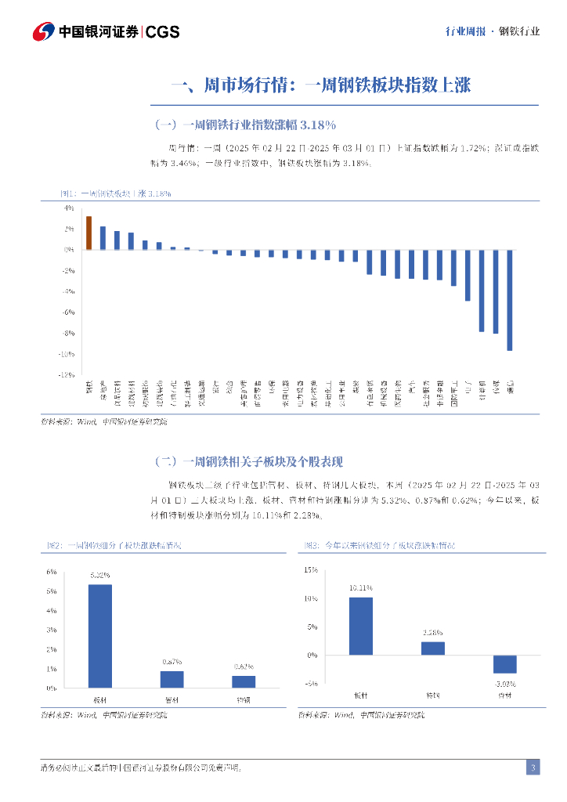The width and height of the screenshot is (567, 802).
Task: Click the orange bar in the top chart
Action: pyautogui.click(x=89, y=233)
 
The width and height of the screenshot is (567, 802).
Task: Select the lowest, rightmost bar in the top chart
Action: pyautogui.click(x=510, y=300)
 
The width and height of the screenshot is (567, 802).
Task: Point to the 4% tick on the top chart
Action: pyautogui.click(x=68, y=208)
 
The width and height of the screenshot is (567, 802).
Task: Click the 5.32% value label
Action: pyautogui.click(x=99, y=576)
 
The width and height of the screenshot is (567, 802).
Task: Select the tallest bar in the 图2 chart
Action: pyautogui.click(x=99, y=636)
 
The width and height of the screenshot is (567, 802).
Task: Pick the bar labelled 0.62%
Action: pyautogui.click(x=244, y=681)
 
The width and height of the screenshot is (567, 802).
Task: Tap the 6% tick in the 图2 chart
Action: pyautogui.click(x=51, y=572)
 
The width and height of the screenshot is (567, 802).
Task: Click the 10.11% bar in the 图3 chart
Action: pyautogui.click(x=360, y=626)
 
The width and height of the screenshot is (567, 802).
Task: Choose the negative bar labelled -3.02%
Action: pyautogui.click(x=504, y=664)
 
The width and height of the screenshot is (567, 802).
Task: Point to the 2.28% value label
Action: pyautogui.click(x=433, y=632)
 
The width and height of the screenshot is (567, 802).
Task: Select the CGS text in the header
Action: pyautogui.click(x=163, y=32)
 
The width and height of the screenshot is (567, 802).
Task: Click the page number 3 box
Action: pyautogui.click(x=533, y=768)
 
